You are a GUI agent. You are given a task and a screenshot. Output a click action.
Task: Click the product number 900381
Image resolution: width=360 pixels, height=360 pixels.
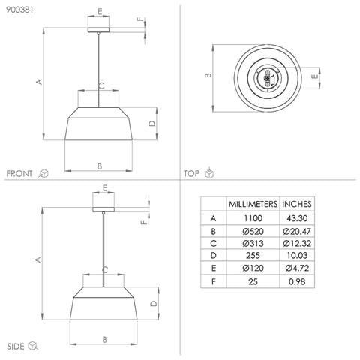19,10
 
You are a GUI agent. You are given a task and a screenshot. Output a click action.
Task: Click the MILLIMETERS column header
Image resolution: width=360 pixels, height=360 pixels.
253,204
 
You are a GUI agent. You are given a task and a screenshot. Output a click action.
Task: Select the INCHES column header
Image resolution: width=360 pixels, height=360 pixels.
297,204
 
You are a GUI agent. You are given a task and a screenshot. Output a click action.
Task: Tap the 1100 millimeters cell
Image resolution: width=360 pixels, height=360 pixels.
253,218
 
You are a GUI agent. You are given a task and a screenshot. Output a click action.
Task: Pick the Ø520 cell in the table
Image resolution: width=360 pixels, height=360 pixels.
253,231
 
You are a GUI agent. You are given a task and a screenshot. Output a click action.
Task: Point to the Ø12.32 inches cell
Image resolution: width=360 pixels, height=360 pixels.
297,243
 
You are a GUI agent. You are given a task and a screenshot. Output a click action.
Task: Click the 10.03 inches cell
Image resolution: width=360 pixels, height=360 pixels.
297,255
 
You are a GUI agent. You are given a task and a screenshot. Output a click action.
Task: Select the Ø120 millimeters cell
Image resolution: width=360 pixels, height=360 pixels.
253,268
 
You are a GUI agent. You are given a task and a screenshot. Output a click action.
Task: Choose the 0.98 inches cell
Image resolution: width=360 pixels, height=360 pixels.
297,281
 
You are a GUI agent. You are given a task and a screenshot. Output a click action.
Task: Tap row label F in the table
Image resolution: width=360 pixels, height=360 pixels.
213,281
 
